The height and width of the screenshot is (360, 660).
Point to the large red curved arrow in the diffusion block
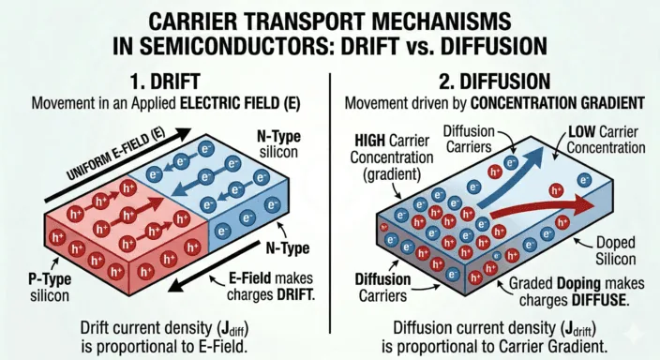[x=544, y=212]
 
